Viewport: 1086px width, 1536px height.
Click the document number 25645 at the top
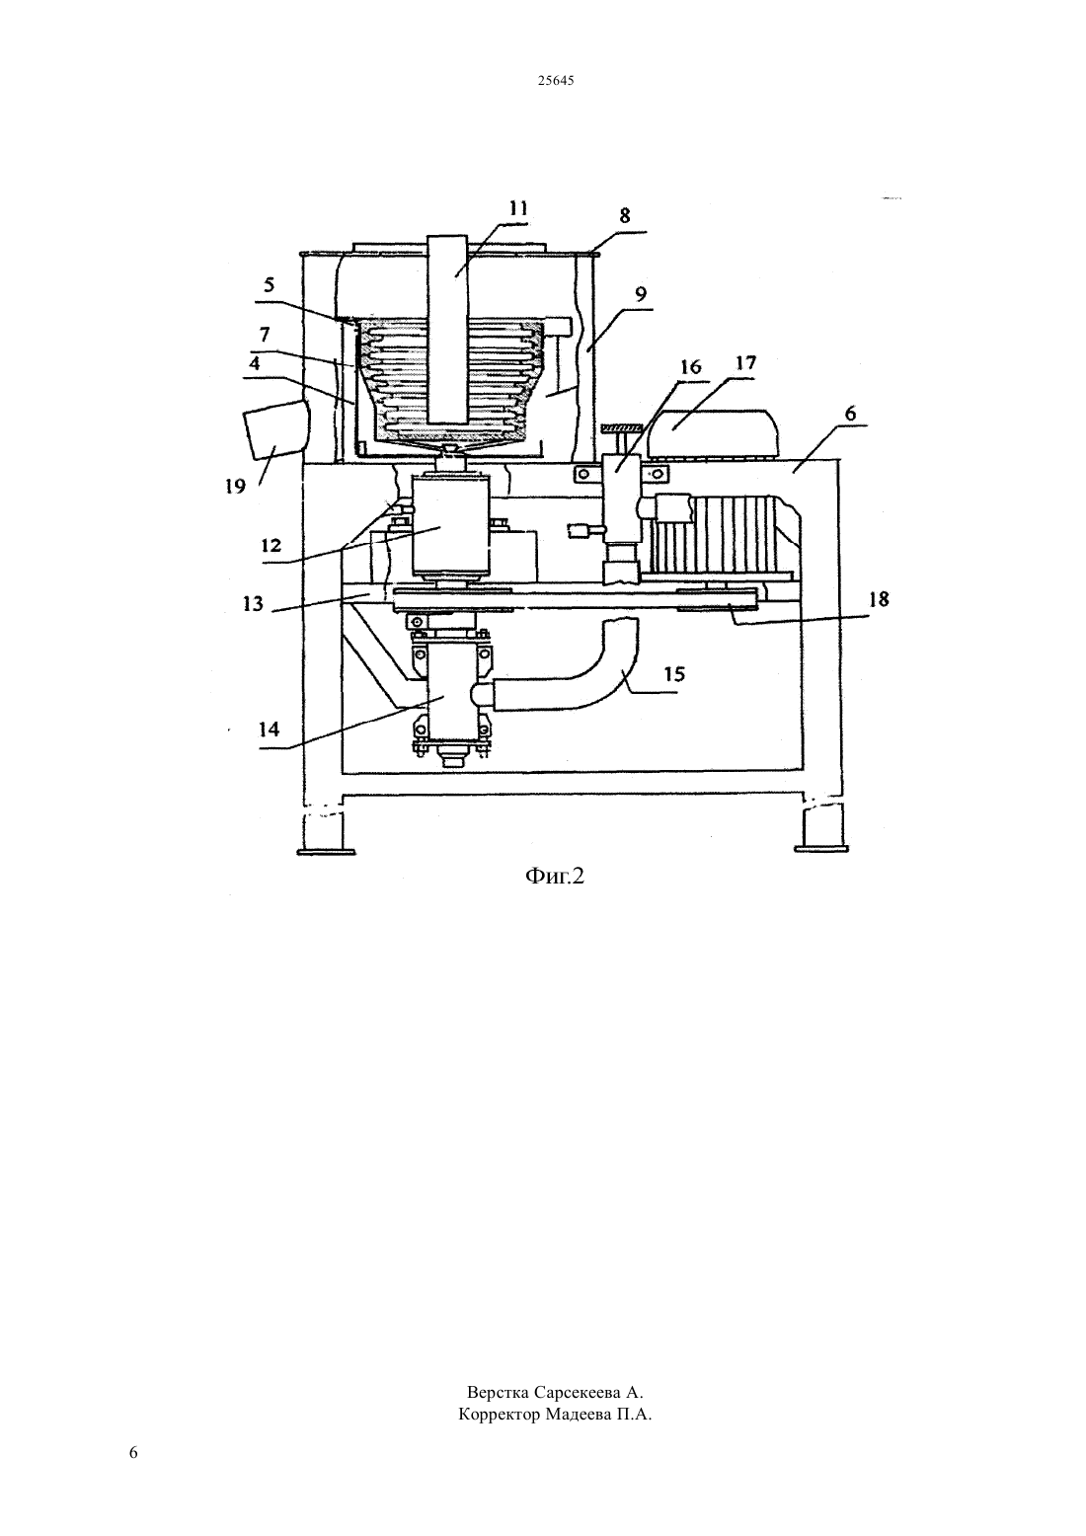point(555,81)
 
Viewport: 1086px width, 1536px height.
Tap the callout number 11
point(518,207)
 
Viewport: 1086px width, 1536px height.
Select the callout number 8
point(625,216)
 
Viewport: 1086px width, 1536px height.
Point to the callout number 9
point(641,295)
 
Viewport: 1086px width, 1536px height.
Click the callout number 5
point(270,284)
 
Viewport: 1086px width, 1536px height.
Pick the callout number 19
point(235,487)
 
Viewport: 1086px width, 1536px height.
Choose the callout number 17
point(745,362)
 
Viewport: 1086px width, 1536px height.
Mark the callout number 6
point(850,414)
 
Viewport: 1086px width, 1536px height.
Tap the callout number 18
point(879,599)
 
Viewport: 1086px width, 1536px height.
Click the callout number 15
point(674,674)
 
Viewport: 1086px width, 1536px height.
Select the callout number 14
point(269,729)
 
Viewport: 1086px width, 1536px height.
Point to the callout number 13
point(253,603)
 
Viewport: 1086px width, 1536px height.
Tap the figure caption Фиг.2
point(555,876)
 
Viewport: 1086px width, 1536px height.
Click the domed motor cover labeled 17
point(713,433)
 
